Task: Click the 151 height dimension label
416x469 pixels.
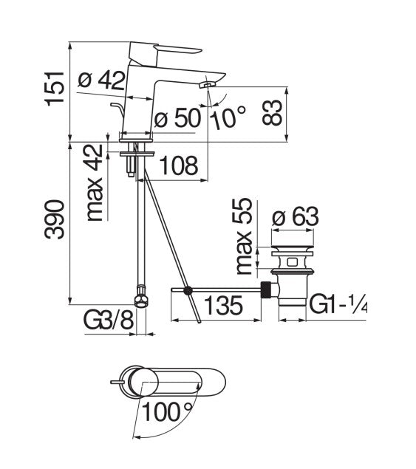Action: (55, 89)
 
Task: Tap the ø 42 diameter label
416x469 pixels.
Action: (101, 81)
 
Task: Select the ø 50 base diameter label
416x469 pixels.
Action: (177, 117)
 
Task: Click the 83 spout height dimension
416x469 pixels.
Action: (272, 113)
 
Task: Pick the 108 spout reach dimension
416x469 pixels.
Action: (179, 165)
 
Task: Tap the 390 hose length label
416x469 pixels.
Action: (55, 219)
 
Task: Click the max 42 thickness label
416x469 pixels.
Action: (95, 183)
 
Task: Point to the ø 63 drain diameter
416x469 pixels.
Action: (295, 216)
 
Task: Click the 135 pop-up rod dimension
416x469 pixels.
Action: (223, 305)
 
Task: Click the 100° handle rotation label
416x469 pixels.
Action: (168, 411)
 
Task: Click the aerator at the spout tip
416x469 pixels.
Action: (206, 85)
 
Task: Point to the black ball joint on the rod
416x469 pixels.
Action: (188, 290)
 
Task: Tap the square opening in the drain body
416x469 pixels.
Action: (292, 263)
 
